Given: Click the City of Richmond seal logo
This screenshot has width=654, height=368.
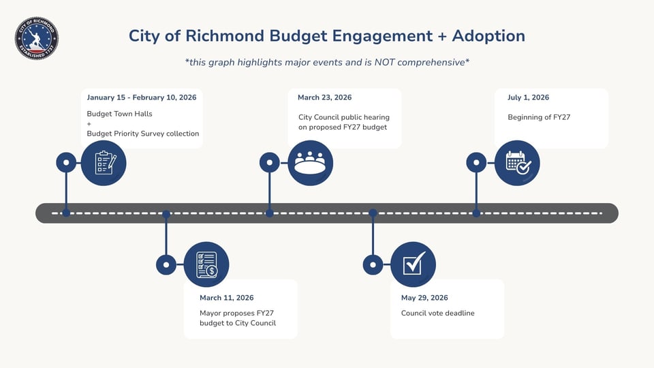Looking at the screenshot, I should (37, 39).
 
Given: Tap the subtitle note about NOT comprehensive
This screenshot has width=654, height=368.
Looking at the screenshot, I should (327, 62).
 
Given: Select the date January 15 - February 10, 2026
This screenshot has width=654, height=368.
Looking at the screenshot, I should (142, 97).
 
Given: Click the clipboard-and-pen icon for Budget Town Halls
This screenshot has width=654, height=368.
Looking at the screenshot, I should (103, 163).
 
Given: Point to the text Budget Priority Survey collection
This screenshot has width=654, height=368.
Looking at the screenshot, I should (143, 134).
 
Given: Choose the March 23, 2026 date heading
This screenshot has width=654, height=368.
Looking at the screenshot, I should (324, 97).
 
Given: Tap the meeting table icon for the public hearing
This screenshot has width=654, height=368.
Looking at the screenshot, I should (310, 163).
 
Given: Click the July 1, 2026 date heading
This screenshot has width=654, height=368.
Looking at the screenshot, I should (528, 97).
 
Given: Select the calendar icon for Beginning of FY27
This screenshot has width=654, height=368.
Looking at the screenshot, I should (517, 163).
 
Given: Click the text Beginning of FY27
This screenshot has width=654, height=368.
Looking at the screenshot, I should (539, 117).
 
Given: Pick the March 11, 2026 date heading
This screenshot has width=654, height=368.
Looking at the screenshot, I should (226, 298).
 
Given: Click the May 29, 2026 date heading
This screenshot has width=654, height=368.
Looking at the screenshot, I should (424, 298).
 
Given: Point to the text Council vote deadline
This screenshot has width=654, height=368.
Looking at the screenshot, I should (437, 313).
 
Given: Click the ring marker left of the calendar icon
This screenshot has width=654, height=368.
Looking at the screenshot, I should (476, 163).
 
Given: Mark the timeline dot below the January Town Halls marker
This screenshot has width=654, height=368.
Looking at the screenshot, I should (66, 213).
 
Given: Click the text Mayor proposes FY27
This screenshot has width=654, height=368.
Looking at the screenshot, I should (236, 313).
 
